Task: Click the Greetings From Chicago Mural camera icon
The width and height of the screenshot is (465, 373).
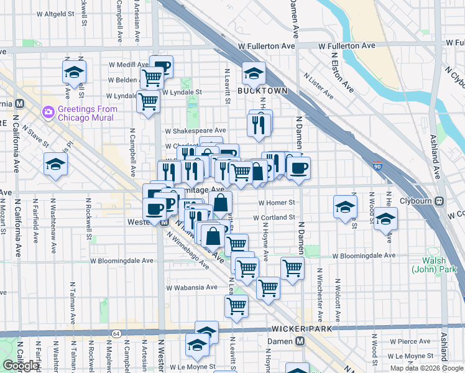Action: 48,113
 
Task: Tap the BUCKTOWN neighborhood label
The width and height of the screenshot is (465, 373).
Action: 262,91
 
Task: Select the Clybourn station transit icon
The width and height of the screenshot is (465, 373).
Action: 440,201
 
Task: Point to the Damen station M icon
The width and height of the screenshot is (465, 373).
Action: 300,341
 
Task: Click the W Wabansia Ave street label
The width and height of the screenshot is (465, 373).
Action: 191,287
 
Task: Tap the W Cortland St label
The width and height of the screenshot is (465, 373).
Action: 274,218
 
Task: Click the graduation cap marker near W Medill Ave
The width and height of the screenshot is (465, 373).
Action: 74,71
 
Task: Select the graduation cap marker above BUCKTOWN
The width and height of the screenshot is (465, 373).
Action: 254,74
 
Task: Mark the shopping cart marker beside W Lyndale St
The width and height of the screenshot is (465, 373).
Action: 149,101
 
